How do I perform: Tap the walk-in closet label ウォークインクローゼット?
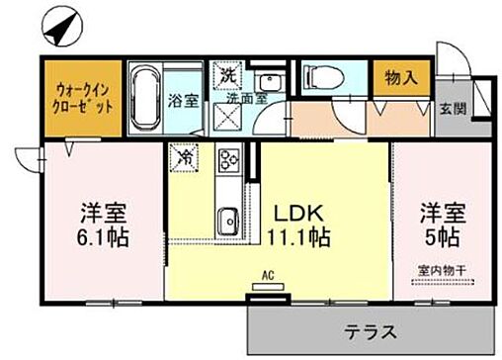pos(83,98)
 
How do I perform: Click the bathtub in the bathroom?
pos(145,101)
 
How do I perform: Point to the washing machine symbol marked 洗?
pos(227,76)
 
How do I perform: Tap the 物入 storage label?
pos(393,77)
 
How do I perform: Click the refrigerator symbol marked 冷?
pos(185,156)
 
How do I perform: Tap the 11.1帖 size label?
pos(294,237)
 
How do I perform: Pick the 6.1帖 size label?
pos(101,238)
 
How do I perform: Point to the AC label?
pos(267,277)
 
